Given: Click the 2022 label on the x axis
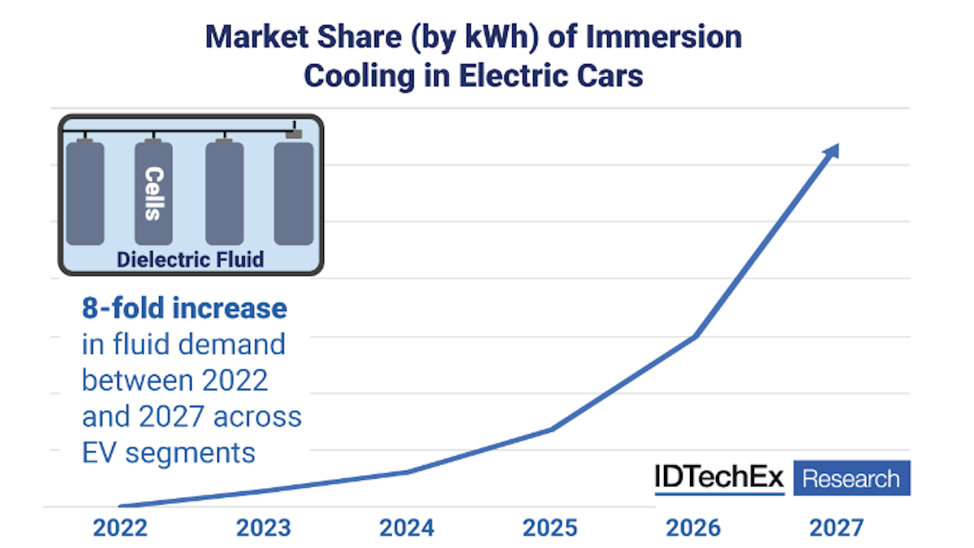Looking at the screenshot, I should (x=120, y=529).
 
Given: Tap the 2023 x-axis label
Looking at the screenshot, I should (x=264, y=529).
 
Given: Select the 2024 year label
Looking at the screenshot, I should (x=407, y=529).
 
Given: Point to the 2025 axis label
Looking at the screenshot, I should (x=550, y=529).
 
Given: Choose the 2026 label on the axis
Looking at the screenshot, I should (x=693, y=529).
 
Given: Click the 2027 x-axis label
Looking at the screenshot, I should (x=837, y=529).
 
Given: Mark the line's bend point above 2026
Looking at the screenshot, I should (x=695, y=335).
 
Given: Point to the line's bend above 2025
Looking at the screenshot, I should (x=551, y=429).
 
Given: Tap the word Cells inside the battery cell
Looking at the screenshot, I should (x=153, y=193).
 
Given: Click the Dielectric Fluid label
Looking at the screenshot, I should (x=191, y=260).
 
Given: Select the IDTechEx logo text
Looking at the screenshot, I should (x=719, y=478).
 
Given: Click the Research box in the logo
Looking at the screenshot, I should (x=851, y=478).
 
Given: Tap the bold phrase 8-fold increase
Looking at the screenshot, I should (x=184, y=309).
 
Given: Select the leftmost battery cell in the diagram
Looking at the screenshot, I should (x=85, y=192).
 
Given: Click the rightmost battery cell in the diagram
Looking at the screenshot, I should (x=294, y=192).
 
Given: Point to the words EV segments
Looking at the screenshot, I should (x=169, y=452).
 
